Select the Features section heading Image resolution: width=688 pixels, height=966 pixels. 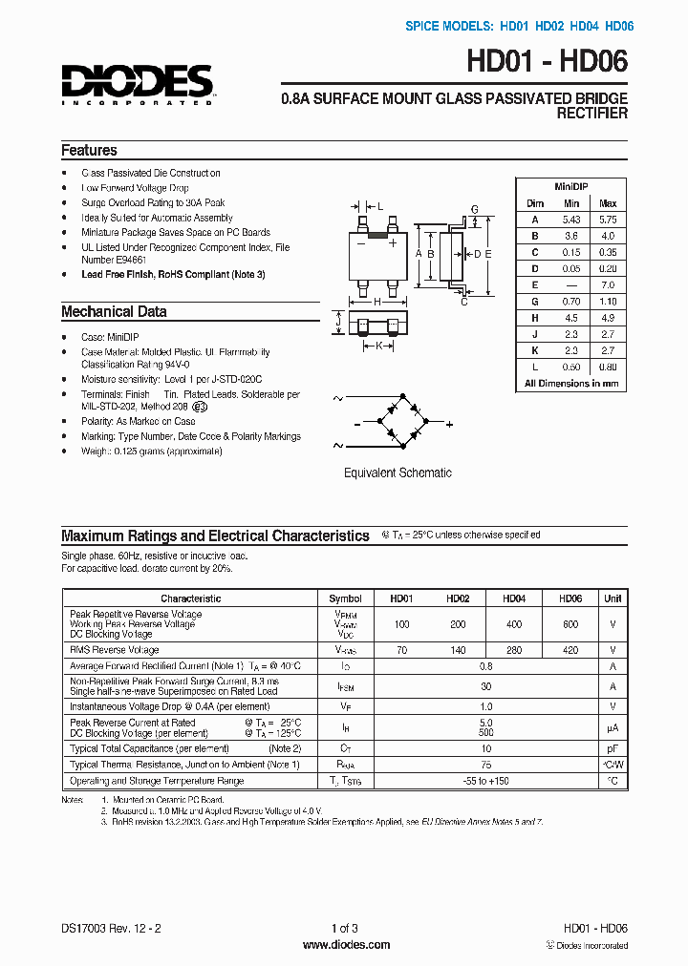(x=89, y=151)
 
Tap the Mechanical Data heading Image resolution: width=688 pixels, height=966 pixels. (x=114, y=312)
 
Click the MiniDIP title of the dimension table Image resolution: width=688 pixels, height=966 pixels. (x=570, y=188)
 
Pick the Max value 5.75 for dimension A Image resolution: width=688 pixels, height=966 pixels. (x=607, y=219)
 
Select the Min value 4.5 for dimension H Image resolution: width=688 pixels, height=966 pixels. (x=571, y=318)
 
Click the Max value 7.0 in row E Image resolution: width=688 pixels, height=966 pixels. (x=607, y=285)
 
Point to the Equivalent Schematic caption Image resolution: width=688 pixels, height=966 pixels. (x=398, y=472)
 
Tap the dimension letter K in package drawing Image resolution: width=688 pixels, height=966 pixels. (x=378, y=346)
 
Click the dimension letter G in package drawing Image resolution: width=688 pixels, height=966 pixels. (x=474, y=210)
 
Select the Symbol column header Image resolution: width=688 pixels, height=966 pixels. (x=345, y=598)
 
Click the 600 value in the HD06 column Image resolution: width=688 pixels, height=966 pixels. (x=570, y=623)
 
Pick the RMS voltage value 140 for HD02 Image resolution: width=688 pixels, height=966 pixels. (x=458, y=650)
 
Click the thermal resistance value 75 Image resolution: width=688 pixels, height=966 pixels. (x=485, y=765)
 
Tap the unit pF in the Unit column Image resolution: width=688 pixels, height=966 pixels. (x=612, y=748)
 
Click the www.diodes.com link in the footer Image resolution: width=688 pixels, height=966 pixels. (x=346, y=945)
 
